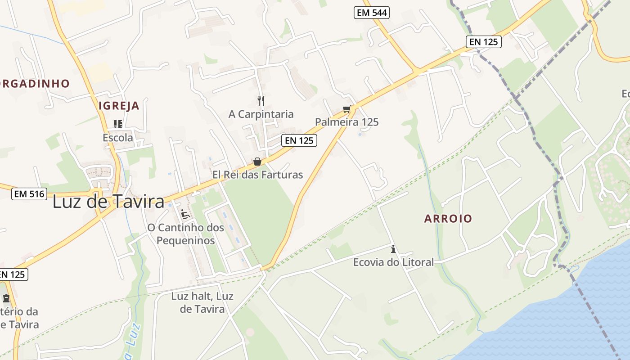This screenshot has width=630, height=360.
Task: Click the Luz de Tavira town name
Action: point(108,202)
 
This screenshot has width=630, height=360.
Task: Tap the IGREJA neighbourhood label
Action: point(119,106)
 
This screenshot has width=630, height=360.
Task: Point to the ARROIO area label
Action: point(448,219)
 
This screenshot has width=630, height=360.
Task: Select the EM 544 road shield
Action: point(371,13)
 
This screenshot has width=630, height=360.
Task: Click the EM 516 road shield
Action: point(29,194)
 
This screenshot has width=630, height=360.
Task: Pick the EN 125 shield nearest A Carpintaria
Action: point(299,140)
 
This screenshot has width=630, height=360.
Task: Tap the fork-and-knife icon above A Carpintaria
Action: point(261,100)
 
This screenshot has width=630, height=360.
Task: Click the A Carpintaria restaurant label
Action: point(261,114)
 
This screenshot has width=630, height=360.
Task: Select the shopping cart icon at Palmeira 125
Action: point(346,109)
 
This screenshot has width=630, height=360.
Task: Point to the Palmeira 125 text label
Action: point(346,122)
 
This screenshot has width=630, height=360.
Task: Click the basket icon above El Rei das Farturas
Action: point(257,162)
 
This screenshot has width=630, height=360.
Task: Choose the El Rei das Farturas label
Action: point(257,175)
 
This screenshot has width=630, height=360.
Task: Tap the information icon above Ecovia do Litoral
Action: point(393,249)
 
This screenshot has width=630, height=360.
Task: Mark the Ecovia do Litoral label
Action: point(393,262)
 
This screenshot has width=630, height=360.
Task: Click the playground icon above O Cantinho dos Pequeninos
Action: point(185,214)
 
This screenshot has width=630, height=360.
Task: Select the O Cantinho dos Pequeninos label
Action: point(185,234)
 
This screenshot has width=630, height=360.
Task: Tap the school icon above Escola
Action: point(118,124)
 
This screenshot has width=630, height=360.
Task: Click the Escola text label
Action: point(118,138)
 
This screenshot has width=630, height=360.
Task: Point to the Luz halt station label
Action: point(202,302)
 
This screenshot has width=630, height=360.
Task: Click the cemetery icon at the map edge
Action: point(6,298)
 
